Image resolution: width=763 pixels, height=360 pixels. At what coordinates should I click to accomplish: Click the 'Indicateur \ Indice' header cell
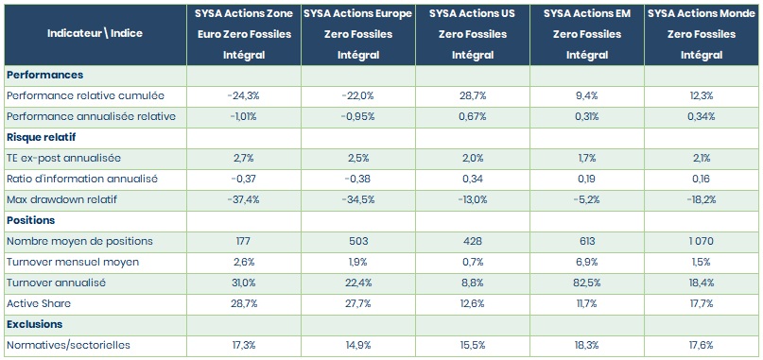(95, 33)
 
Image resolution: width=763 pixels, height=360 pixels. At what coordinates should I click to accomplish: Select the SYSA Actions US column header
(473, 34)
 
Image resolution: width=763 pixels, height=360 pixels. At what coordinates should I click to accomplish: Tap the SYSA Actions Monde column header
(702, 34)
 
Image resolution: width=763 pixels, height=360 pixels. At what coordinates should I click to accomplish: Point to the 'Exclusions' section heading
(35, 324)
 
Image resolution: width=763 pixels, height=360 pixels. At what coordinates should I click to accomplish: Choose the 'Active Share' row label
(39, 303)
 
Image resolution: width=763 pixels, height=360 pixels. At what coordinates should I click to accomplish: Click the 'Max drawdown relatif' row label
(61, 199)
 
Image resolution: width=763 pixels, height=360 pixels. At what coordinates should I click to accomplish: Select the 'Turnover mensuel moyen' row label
(73, 262)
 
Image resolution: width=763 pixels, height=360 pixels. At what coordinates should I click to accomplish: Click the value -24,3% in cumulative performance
(243, 95)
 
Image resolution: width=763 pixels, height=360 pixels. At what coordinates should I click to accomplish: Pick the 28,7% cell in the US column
(473, 95)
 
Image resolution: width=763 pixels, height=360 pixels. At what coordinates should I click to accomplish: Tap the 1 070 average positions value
(702, 241)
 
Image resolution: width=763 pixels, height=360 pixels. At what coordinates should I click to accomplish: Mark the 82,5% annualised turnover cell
(587, 283)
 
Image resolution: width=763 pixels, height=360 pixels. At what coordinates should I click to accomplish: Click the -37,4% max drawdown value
(243, 199)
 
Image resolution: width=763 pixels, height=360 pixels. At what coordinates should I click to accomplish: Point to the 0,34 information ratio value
(473, 179)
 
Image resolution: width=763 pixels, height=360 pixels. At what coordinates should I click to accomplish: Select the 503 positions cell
(357, 241)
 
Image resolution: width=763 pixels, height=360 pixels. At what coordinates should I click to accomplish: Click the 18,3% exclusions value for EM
(587, 345)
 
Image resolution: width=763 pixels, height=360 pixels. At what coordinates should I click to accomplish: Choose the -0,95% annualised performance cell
(357, 117)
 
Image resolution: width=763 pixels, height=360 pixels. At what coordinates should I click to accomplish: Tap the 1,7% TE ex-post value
(587, 158)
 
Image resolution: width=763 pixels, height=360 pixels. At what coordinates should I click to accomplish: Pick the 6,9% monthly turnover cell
(587, 262)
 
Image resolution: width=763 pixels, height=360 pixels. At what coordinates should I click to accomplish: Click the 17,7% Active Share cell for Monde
(702, 303)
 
